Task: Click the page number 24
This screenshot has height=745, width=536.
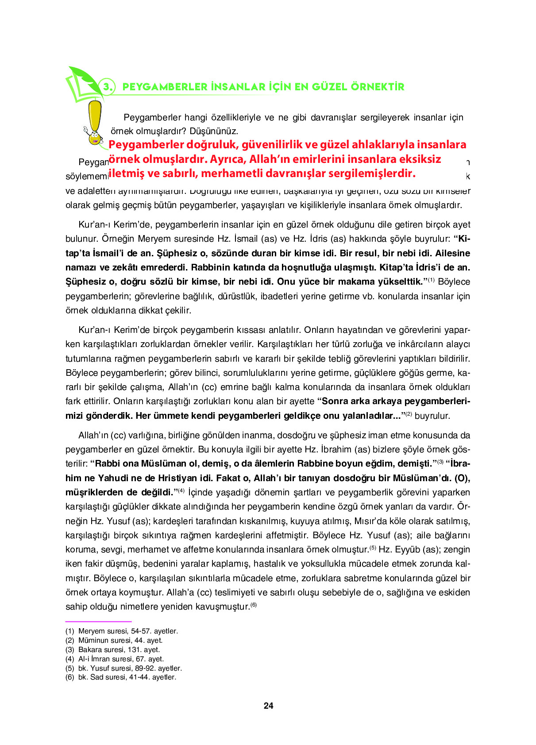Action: (268, 706)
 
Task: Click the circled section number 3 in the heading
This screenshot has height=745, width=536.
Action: (108, 86)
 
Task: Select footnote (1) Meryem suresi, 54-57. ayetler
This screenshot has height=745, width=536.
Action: (122, 631)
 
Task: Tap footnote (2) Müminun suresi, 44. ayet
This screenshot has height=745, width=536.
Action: (114, 640)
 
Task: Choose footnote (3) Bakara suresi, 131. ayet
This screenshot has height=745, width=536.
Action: (112, 649)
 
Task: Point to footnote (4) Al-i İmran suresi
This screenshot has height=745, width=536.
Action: (115, 659)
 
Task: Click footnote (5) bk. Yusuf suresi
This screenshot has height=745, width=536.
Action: (123, 668)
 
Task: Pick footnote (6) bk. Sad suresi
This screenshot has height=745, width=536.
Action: (121, 677)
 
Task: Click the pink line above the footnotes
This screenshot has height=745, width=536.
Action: (98, 621)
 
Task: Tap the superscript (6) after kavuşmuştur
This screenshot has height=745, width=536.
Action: (253, 605)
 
